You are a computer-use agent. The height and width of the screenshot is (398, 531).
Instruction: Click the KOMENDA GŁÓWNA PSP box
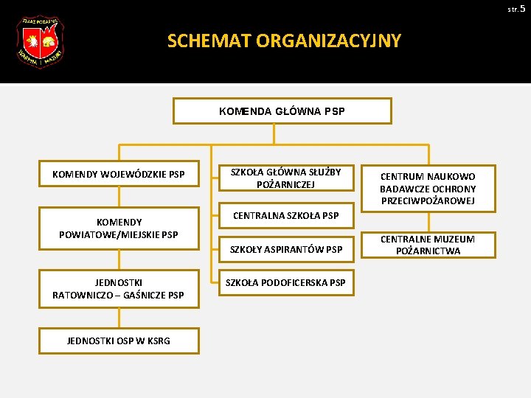pos(282,111)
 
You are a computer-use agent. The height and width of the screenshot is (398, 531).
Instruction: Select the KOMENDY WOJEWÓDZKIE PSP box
pos(118,175)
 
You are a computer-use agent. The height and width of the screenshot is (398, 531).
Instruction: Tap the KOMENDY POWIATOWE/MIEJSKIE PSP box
pos(118,228)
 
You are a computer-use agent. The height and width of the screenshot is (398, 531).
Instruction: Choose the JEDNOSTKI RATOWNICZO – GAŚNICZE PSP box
pos(118,289)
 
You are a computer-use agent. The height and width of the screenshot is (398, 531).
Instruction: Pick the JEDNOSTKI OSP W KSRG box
pos(118,341)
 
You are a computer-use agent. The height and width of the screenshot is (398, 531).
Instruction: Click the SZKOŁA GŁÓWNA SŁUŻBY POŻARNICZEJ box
pos(285,178)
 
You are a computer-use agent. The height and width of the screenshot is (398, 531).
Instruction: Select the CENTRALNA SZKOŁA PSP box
pos(285,216)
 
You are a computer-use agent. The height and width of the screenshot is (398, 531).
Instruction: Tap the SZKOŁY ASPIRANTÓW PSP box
pos(285,250)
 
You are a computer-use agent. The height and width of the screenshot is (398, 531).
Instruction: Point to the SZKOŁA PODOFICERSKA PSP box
pos(285,283)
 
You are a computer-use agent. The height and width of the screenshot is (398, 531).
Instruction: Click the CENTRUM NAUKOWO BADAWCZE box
pos(428,188)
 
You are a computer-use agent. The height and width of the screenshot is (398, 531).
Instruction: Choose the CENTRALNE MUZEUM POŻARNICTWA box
pos(428,245)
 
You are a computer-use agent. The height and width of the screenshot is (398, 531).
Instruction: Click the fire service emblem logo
pos(40,43)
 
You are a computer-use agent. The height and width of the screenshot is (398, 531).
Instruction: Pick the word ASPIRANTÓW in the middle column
pos(294,250)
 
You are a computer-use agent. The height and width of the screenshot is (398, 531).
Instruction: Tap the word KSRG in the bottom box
pos(157,341)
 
